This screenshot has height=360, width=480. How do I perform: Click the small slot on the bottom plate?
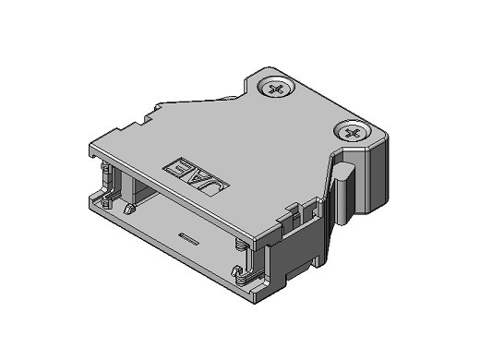[188, 238]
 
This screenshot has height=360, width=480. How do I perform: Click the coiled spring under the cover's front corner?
[241, 245]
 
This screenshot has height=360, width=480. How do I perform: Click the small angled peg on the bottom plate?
[128, 209]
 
